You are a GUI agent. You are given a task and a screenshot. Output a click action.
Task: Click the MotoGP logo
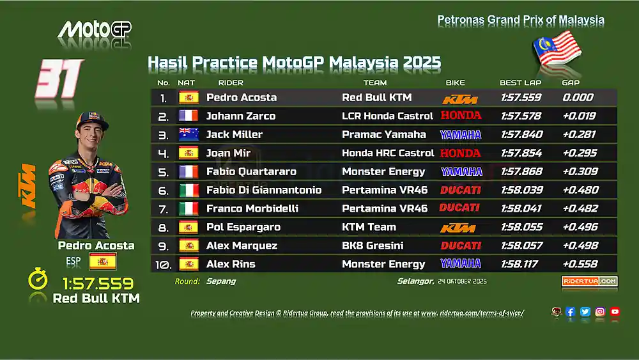coord(95,30)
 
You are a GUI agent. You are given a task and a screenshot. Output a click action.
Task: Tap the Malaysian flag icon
coord(557,49)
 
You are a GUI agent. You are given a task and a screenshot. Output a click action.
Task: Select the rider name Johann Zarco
coord(241,116)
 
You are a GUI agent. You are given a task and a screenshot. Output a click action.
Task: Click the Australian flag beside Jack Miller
coord(189,134)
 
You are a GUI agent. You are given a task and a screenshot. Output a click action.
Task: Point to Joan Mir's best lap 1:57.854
coord(521,153)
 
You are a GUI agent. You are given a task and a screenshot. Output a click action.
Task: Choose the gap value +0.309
coord(580,171)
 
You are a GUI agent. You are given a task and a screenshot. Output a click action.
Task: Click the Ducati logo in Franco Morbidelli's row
coord(459,208)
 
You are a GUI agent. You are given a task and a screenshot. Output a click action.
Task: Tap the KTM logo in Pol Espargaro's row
coord(458,228)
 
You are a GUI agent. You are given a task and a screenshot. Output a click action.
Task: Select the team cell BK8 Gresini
coord(373,246)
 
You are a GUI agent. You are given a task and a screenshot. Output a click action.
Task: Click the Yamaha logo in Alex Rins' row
coord(461,263)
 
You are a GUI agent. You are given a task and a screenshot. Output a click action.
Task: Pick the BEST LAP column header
coord(520,82)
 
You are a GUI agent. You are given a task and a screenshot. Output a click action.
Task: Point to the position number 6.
coord(163,191)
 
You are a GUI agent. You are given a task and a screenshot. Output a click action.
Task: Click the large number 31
coord(59,79)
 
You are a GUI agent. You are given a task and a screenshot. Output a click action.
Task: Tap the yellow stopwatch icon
coord(38,279)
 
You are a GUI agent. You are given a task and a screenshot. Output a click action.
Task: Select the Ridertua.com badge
coord(589,281)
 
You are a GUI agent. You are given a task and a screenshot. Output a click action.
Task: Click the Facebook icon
coord(570,312)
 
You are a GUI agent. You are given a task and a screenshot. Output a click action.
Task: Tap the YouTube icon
coord(615,312)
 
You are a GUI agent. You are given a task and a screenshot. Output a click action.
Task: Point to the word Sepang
coord(221,281)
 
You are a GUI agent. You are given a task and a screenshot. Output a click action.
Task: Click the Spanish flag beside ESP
coord(103,262)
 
